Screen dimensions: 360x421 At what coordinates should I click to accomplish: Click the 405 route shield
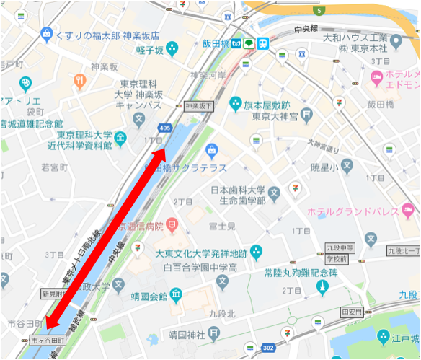[167, 128]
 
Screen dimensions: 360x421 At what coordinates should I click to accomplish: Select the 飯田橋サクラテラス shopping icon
[212, 151]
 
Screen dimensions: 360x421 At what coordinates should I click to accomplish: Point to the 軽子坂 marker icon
[172, 49]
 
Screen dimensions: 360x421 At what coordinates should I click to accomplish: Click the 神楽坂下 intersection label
[199, 105]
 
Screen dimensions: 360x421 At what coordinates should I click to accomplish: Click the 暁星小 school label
[324, 166]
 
